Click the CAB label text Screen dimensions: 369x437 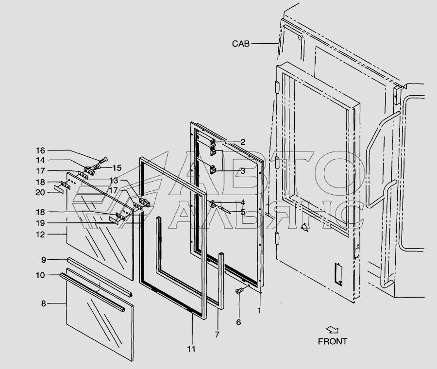point(240,44)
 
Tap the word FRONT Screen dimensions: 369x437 point(333,341)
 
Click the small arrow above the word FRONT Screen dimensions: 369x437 point(333,330)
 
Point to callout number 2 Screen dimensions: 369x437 point(243,142)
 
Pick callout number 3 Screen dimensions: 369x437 point(243,171)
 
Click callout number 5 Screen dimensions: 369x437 point(243,212)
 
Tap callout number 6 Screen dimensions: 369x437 point(238,322)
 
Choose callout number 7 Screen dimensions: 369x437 point(217,335)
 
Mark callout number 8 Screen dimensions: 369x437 point(44,304)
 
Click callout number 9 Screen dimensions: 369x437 point(43,260)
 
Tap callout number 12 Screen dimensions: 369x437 point(41,235)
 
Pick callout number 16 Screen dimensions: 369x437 point(41,150)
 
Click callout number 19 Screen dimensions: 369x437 point(41,223)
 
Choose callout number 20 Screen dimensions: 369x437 point(41,192)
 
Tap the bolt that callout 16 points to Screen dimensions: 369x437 point(103,160)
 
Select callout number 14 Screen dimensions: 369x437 point(41,160)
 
